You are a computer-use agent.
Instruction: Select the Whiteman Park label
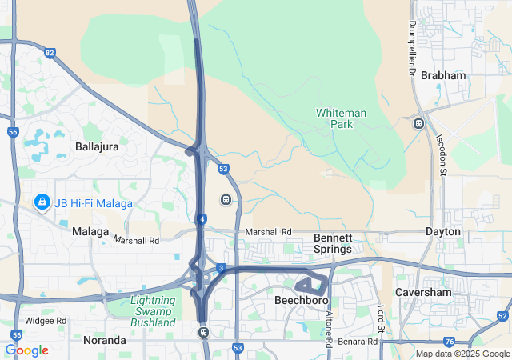click(341, 119)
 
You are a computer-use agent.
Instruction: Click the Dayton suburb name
click(443, 231)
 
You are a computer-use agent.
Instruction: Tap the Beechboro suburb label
click(298, 301)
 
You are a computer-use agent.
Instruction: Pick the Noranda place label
click(105, 340)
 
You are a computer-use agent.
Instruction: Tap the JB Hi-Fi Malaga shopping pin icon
click(41, 202)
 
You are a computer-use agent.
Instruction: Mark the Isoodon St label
click(441, 152)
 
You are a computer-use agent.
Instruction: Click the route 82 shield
click(50, 54)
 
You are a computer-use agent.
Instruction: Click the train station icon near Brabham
click(418, 123)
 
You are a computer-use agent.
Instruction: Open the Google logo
click(26, 350)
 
